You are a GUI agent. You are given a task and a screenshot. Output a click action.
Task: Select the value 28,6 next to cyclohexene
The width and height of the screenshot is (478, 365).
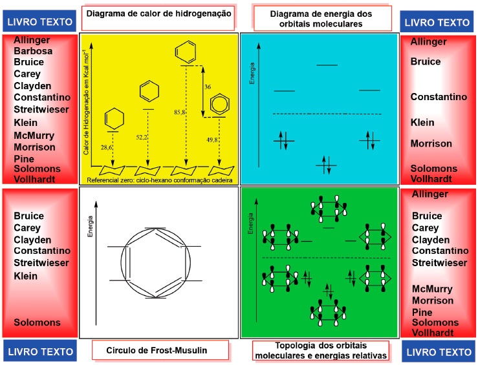107,148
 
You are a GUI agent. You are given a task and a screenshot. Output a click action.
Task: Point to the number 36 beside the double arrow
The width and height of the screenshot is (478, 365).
208,87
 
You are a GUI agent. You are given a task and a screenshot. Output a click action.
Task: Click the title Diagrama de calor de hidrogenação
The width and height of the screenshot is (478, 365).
158,14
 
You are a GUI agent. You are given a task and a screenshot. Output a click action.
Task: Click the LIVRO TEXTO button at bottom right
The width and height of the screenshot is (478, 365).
439,351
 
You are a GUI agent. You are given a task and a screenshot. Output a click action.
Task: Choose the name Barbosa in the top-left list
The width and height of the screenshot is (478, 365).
33,51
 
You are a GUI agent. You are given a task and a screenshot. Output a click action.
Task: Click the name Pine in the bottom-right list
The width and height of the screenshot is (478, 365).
423,312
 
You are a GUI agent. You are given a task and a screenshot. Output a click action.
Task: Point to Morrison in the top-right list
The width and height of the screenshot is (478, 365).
431,143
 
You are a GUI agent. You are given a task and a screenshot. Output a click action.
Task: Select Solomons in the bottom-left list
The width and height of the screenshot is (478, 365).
38,322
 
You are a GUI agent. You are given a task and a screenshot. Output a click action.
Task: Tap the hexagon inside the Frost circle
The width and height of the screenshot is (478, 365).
155,262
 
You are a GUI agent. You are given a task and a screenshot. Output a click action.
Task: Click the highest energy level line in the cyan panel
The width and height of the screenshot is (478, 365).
327,65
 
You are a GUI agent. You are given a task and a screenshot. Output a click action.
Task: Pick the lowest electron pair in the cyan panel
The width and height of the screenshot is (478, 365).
326,166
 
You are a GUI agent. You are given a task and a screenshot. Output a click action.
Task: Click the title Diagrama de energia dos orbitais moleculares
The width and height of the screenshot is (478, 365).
322,18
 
